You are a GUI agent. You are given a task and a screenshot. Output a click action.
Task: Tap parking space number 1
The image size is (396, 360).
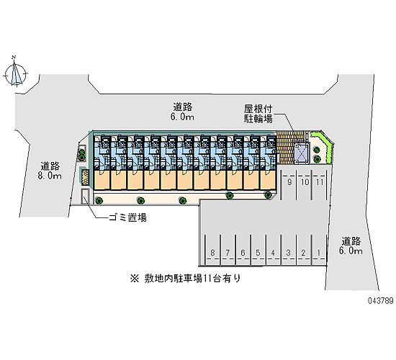(319, 250)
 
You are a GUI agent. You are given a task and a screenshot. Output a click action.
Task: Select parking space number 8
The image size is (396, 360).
(212, 250)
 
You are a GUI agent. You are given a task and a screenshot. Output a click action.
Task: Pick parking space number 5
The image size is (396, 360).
(258, 250)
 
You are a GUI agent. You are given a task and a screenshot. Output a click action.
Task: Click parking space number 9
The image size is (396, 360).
(289, 184)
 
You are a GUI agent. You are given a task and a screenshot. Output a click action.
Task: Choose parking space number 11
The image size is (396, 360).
(320, 184)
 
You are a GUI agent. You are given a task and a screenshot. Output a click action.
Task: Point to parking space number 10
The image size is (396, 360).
(305, 184)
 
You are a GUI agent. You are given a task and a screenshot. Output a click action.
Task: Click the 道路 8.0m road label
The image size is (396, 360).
(50, 171)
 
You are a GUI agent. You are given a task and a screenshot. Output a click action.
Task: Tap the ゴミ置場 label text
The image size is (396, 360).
(127, 217)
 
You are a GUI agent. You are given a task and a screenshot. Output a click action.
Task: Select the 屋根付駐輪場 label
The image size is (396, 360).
(258, 114)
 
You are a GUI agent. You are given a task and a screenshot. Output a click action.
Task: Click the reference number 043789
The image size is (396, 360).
(381, 301)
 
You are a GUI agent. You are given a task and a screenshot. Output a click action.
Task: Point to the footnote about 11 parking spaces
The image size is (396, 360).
(185, 279)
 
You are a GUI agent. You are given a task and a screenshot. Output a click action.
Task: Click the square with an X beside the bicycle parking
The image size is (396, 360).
(302, 153)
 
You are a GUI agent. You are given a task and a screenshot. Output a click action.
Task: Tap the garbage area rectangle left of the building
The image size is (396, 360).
(85, 197)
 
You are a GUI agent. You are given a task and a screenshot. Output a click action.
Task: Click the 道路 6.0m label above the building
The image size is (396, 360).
(182, 112)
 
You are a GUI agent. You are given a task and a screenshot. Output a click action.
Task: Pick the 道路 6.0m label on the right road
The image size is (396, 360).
(351, 246)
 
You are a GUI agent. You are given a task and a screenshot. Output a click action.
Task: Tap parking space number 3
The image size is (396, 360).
(288, 250)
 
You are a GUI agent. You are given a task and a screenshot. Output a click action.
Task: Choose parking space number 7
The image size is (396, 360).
(228, 250)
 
